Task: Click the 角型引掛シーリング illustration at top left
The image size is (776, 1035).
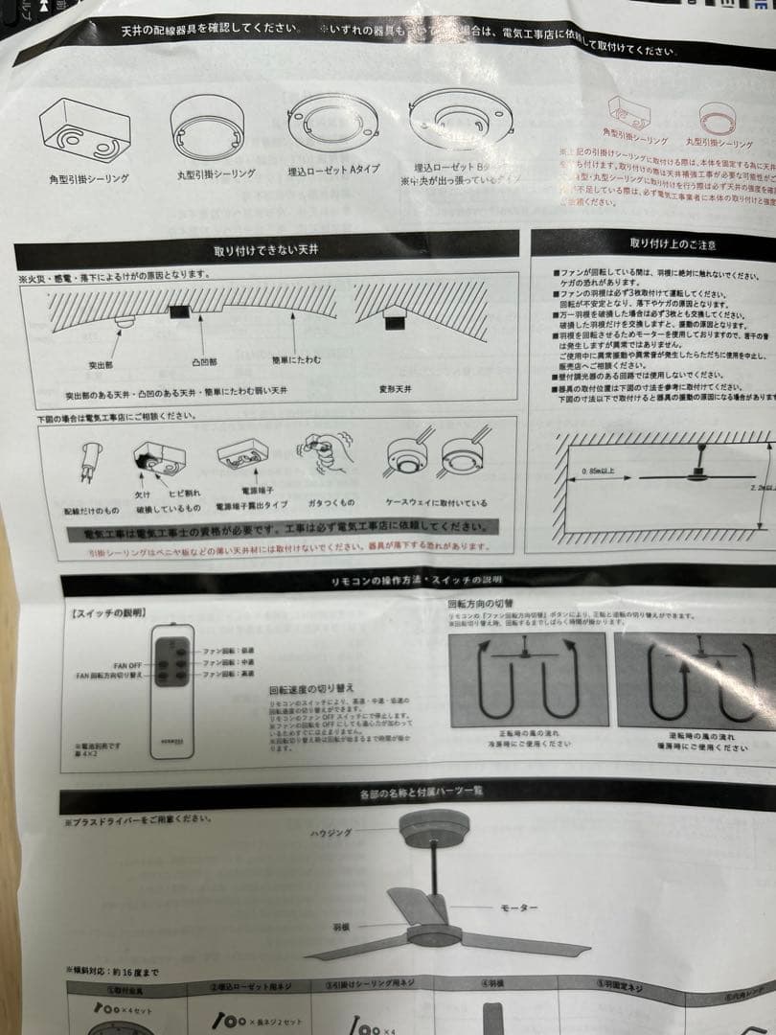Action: tap(84, 133)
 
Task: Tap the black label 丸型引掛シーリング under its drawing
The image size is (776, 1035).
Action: tap(216, 174)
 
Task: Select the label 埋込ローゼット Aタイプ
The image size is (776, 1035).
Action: tap(333, 170)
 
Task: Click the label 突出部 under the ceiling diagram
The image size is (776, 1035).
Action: tap(101, 365)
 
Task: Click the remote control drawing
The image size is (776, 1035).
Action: tap(172, 692)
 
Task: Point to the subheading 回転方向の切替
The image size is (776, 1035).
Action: tap(481, 606)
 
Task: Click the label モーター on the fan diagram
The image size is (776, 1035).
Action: tap(519, 907)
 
